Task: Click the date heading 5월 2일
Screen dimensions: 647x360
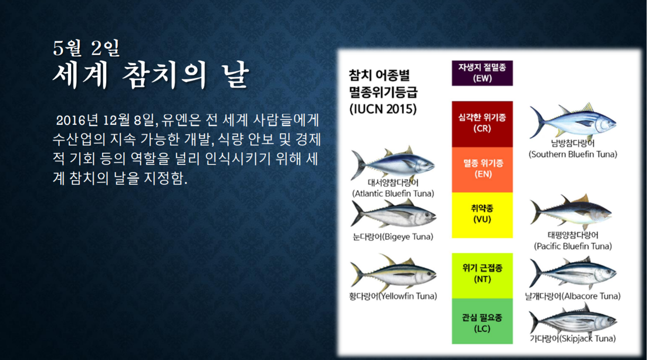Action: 86,48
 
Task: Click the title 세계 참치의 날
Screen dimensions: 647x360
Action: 151,75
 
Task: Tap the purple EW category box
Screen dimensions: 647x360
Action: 482,73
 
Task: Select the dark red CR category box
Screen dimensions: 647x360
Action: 482,124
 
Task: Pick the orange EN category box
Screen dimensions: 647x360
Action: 482,169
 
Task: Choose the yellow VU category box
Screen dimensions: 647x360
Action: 482,215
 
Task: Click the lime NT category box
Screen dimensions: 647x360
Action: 482,276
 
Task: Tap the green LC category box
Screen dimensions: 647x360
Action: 482,321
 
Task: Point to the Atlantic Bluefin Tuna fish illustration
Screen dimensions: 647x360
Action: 393,163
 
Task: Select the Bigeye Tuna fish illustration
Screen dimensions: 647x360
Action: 393,214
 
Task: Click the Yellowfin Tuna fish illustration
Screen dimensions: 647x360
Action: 393,274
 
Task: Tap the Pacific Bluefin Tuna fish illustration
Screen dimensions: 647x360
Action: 571,212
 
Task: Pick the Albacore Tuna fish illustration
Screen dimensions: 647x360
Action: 573,273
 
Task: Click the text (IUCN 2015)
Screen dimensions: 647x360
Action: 383,109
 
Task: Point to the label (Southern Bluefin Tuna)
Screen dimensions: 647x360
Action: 573,154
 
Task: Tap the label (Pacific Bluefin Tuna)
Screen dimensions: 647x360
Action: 573,246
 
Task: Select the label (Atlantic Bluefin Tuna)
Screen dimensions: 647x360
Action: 393,193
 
